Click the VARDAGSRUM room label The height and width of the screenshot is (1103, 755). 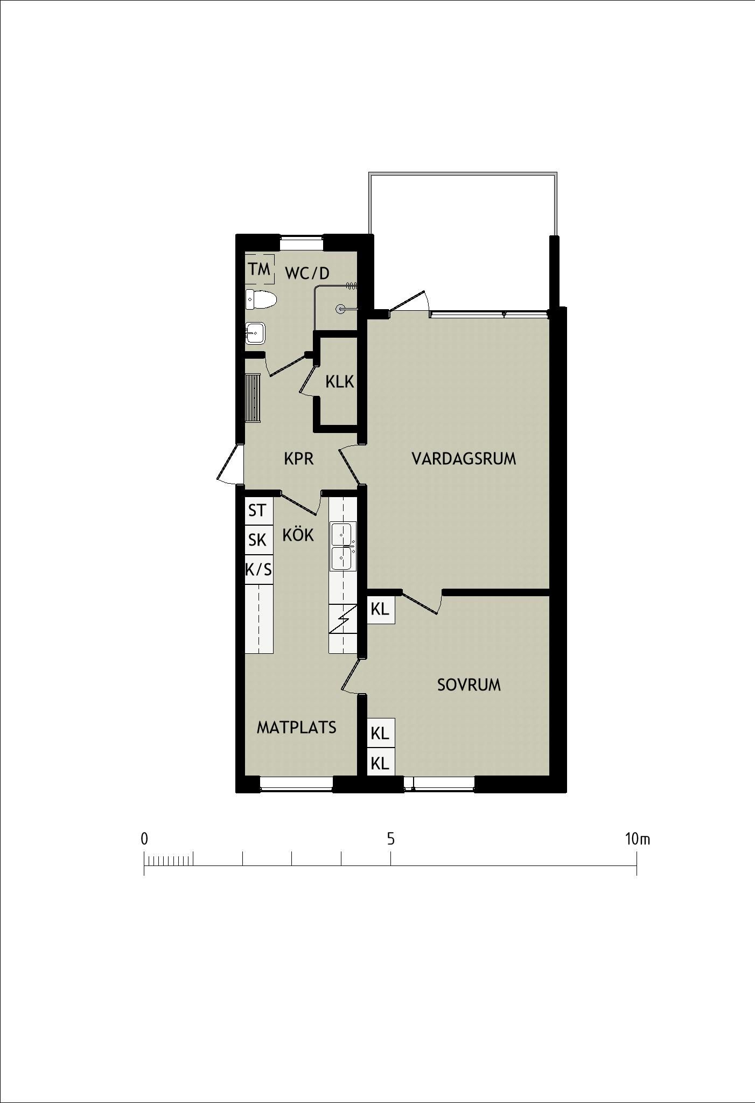[464, 459]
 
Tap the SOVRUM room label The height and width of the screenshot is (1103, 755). [469, 685]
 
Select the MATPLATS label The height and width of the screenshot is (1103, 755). [296, 728]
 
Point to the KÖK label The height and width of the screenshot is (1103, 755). [298, 534]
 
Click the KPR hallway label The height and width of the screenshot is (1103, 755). [298, 459]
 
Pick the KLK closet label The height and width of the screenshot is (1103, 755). [339, 382]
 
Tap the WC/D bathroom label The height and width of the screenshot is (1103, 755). [307, 274]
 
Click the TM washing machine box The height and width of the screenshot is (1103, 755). [259, 269]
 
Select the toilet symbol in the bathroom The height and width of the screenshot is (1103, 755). [261, 299]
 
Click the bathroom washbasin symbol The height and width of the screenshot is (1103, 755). [255, 333]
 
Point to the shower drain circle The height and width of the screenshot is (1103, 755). [341, 309]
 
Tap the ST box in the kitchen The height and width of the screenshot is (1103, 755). [258, 509]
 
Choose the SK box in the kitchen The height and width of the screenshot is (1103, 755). [258, 539]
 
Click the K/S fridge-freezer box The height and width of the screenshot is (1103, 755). [258, 569]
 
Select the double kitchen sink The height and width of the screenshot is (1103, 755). [343, 546]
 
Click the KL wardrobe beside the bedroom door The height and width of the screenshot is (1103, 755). [380, 610]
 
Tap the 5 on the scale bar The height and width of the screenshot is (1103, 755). [391, 839]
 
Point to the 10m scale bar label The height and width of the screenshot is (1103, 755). [638, 839]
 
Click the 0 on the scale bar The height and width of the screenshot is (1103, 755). [144, 839]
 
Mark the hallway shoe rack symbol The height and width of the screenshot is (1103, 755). [253, 398]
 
